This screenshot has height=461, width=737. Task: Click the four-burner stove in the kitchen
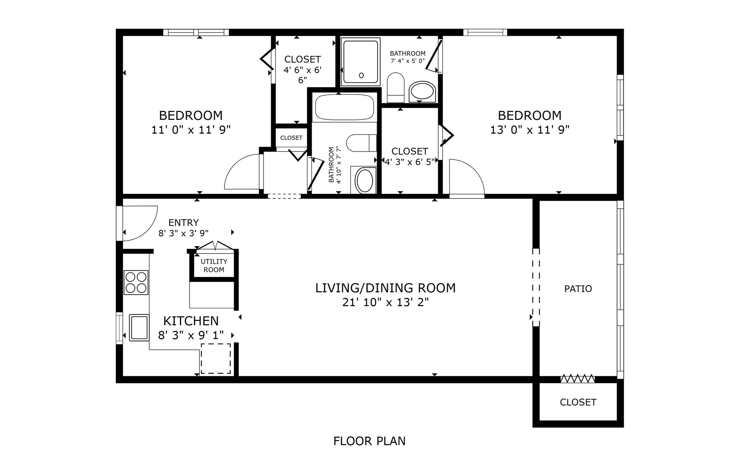coord(136,282)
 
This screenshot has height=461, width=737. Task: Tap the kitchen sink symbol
coord(139,327)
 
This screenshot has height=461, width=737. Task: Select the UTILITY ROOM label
coord(214,265)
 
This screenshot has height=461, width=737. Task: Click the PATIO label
coord(578,289)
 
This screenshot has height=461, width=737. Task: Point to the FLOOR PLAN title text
coord(369,441)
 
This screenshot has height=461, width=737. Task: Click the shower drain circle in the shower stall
coord(361,75)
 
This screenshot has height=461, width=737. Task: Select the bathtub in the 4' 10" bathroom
coord(344,107)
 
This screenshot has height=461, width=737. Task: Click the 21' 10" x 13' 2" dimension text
coord(385,302)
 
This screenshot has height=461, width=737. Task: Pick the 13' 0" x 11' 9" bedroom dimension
coord(529,130)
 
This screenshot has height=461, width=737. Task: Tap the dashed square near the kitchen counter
coord(216,358)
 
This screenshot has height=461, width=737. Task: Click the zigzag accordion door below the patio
coord(577,379)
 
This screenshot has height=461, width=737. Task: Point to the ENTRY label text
coord(183,222)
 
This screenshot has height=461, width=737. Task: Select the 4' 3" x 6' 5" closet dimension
coord(410,162)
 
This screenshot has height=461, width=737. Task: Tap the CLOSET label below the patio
coord(578,402)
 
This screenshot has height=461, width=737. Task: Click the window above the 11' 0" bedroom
coord(196,32)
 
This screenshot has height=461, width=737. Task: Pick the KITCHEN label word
coord(191,321)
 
